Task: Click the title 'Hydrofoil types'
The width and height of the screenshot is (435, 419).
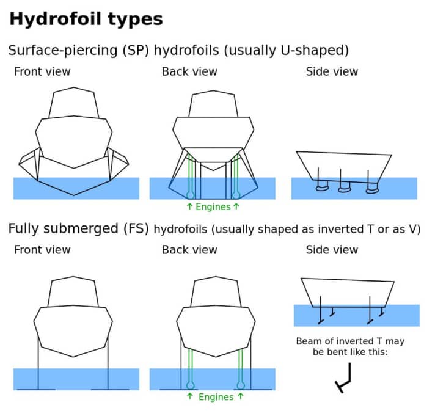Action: coord(86,19)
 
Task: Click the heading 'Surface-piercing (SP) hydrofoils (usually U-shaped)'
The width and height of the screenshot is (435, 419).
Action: coord(178,50)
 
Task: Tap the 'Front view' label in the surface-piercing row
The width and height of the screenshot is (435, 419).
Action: coord(42,71)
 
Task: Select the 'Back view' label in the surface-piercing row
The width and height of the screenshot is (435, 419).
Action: coord(189,71)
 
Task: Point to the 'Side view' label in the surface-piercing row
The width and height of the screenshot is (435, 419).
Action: coord(332,71)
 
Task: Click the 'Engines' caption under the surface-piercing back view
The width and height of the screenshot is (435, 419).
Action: coord(213,207)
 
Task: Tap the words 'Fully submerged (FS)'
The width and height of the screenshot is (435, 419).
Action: coord(78,229)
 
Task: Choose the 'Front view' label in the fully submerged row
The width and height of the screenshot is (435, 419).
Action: coord(42,250)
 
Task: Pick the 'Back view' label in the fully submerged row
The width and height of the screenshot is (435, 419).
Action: coord(189,250)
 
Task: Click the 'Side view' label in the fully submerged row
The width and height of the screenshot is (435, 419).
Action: coord(332,250)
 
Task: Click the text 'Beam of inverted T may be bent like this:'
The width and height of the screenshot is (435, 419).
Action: coord(350,347)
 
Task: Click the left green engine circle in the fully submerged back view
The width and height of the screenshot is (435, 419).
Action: coord(191,385)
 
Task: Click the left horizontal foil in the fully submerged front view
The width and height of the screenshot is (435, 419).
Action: coord(38,389)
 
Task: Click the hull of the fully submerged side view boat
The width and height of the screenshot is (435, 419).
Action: coord(347,293)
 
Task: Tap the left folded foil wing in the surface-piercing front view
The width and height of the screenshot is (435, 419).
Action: coord(29,162)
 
